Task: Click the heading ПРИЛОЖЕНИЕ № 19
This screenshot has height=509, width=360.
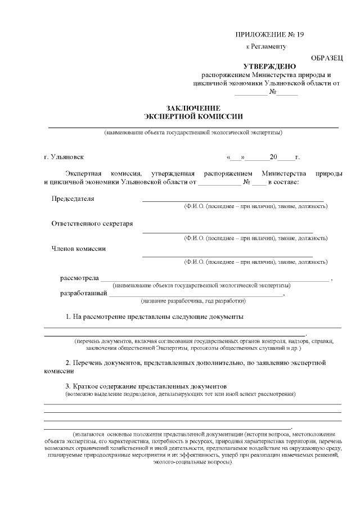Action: [x=269, y=34]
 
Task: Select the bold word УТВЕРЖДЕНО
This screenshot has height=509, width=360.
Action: [x=266, y=66]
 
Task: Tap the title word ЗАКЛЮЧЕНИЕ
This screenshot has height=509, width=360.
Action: [x=193, y=108]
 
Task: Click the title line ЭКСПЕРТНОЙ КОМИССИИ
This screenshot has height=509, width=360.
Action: [x=193, y=116]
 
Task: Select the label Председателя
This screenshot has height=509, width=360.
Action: [x=73, y=199]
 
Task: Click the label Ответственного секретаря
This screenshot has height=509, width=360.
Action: [x=92, y=223]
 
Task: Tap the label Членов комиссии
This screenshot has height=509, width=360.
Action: [x=79, y=248]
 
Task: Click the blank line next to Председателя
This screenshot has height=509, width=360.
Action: [x=233, y=200]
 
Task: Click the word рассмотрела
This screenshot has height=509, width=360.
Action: [x=79, y=278]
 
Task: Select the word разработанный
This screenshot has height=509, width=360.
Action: [x=84, y=293]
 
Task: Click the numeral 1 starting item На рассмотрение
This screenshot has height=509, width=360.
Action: [x=68, y=317]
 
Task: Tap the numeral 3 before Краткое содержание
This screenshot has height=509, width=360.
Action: [x=68, y=387]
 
